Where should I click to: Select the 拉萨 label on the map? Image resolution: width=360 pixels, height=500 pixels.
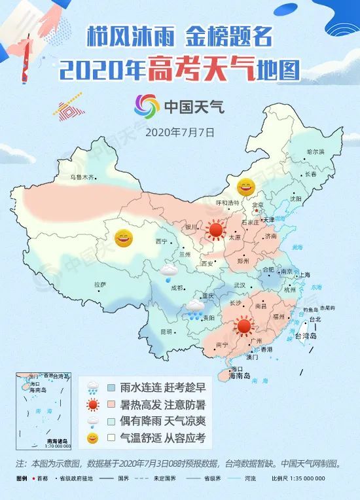point(100,284)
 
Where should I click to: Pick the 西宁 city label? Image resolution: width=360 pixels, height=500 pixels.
point(162,241)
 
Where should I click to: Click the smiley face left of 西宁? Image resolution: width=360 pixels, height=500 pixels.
point(124,238)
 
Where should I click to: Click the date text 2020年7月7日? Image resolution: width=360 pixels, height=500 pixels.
point(180,131)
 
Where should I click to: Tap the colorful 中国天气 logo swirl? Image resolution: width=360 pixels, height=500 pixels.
point(147,107)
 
